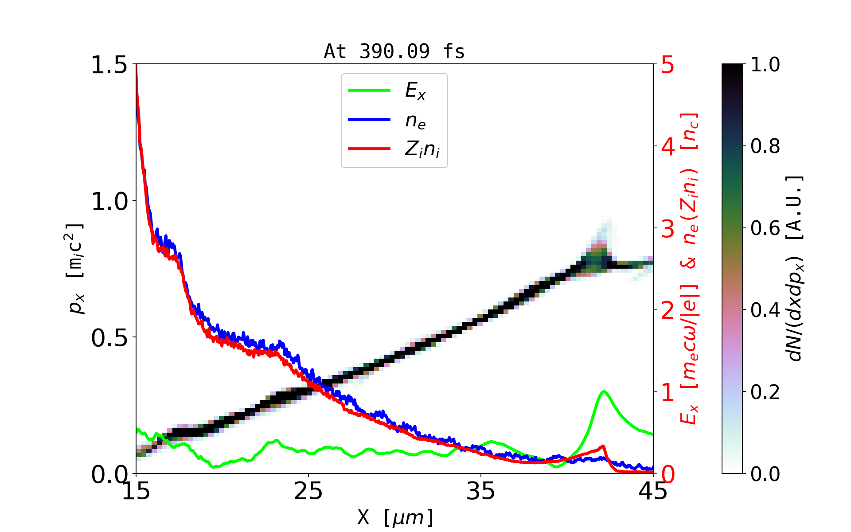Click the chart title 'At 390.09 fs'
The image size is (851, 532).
(394, 52)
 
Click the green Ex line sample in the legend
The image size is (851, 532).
(369, 90)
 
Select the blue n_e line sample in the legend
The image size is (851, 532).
(369, 120)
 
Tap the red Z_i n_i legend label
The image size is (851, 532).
(422, 149)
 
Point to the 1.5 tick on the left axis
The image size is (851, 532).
(109, 65)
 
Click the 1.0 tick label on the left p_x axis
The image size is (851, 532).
(109, 202)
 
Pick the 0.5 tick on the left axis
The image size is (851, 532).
(109, 338)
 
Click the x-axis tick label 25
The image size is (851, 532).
(308, 491)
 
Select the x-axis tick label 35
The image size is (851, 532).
(481, 491)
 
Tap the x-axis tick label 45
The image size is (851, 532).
(653, 491)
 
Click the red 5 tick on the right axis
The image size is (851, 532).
(668, 65)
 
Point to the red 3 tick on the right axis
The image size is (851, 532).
(668, 229)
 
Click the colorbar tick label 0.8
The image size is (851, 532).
(765, 146)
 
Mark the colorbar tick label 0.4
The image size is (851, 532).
(765, 310)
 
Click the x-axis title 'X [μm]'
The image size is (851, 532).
(395, 517)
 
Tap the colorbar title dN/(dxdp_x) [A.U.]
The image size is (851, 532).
(796, 269)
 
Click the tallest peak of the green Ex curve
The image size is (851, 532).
(604, 391)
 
